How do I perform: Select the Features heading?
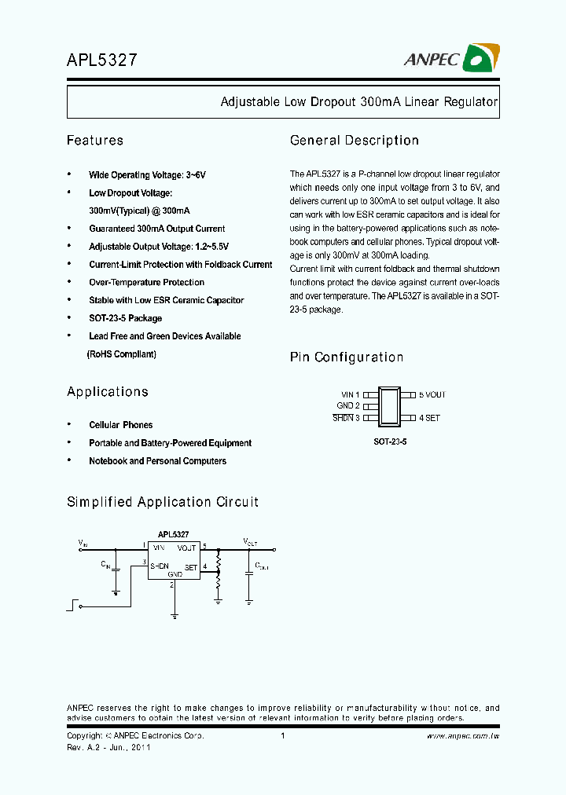tap(95, 141)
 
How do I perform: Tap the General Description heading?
tap(355, 141)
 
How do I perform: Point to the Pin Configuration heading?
tap(347, 357)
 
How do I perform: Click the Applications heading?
tap(108, 392)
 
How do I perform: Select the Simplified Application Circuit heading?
tap(163, 502)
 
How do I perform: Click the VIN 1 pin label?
tap(350, 395)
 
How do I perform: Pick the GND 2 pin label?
tap(348, 406)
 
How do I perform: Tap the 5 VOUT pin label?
tap(432, 395)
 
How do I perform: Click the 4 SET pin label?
tap(429, 418)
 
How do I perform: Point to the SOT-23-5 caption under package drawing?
tap(390, 442)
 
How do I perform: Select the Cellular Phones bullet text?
tap(121, 425)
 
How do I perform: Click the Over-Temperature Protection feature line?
tap(146, 283)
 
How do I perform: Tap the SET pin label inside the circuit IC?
tap(191, 567)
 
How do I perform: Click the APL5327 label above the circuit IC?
tap(173, 533)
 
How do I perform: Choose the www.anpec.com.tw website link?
tap(463, 736)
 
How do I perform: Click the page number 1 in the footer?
tap(282, 736)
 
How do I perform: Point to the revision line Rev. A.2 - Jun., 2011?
tap(108, 747)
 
